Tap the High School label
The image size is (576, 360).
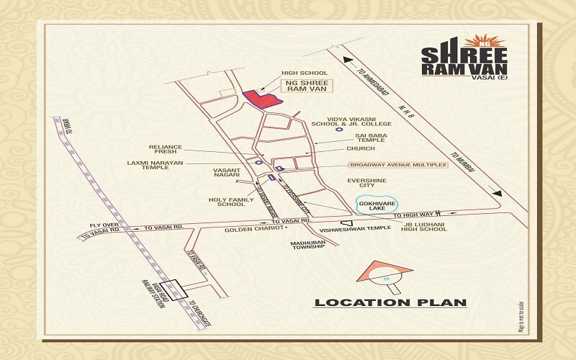click(305, 73)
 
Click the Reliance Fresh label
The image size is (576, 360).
click(166, 149)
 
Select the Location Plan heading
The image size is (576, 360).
click(390, 302)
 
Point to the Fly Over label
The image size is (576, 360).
click(103, 225)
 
